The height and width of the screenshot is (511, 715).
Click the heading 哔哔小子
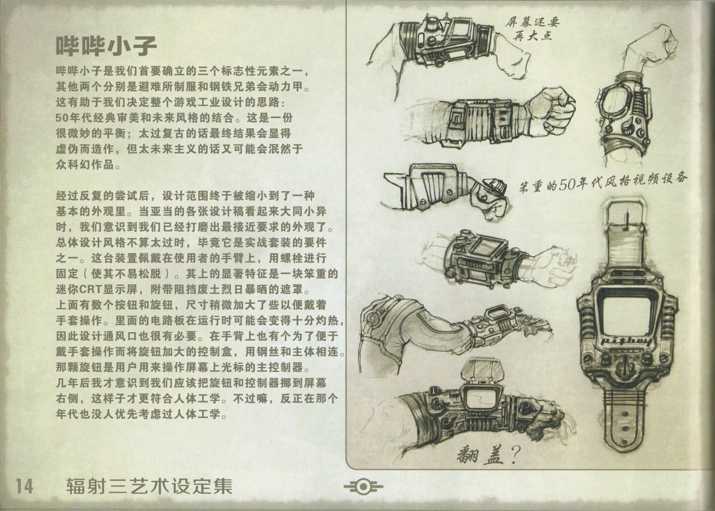[x=106, y=46]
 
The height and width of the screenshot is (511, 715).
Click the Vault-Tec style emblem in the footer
[x=363, y=487]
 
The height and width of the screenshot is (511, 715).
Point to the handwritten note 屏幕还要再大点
[x=532, y=28]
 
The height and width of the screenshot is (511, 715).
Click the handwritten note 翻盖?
[x=488, y=454]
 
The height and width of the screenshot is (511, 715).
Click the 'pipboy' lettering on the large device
[x=626, y=342]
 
